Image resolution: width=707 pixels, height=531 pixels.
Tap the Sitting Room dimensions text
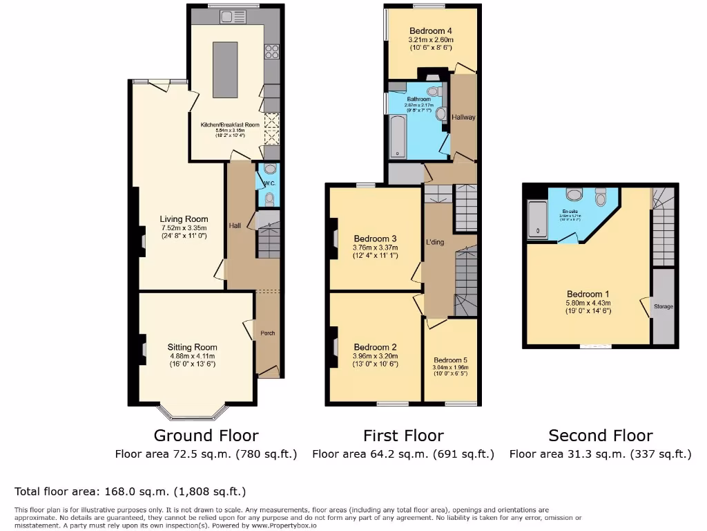[x=193, y=360]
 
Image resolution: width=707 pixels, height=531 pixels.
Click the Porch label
[x=267, y=333]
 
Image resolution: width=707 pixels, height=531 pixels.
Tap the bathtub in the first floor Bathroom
[x=398, y=137]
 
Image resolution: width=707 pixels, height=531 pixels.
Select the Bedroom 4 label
[x=431, y=31]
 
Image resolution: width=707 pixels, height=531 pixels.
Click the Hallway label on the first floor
[x=463, y=117]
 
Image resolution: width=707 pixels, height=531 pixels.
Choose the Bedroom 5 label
[x=450, y=360]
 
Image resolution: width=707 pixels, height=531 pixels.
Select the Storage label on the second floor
[x=663, y=306]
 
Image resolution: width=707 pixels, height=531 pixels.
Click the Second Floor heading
[x=600, y=436]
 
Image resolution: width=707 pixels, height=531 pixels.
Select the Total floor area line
[x=130, y=492]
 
